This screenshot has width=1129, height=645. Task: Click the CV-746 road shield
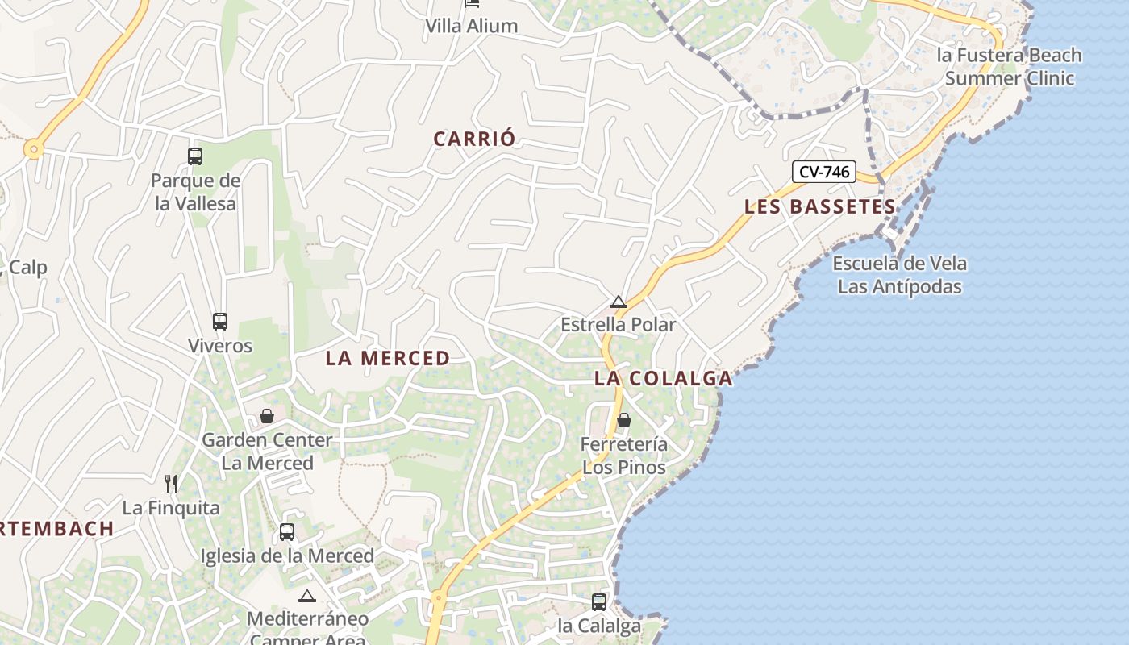pos(823,171)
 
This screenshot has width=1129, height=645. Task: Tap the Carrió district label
pos(474,139)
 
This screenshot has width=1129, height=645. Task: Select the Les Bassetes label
pos(819,206)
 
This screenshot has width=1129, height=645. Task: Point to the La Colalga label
pos(664,378)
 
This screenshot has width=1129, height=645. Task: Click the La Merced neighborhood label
pos(387,358)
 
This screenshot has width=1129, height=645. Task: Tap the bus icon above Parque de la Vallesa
pos(195,156)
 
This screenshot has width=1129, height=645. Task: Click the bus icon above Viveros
pos(220,322)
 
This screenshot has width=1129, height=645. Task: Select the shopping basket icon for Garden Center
pos(267,416)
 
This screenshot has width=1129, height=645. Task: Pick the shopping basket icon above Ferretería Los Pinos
pos(624,420)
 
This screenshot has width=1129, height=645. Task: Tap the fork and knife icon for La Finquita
pos(171,484)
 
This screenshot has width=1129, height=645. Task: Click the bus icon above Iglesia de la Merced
pos(287,532)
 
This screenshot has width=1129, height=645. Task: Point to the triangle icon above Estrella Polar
pos(619,302)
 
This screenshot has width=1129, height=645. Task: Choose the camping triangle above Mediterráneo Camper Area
pos(306,597)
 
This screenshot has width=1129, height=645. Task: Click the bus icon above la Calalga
pos(599,601)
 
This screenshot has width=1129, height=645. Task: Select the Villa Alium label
pos(472,26)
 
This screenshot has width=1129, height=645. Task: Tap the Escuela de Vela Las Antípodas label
pos(899,275)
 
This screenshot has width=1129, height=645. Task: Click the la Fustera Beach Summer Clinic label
pos(1009,67)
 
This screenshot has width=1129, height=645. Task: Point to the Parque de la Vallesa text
pos(196,192)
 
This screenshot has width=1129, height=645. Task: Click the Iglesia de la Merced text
pos(287,556)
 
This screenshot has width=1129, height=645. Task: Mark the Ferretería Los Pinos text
pos(624,456)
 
